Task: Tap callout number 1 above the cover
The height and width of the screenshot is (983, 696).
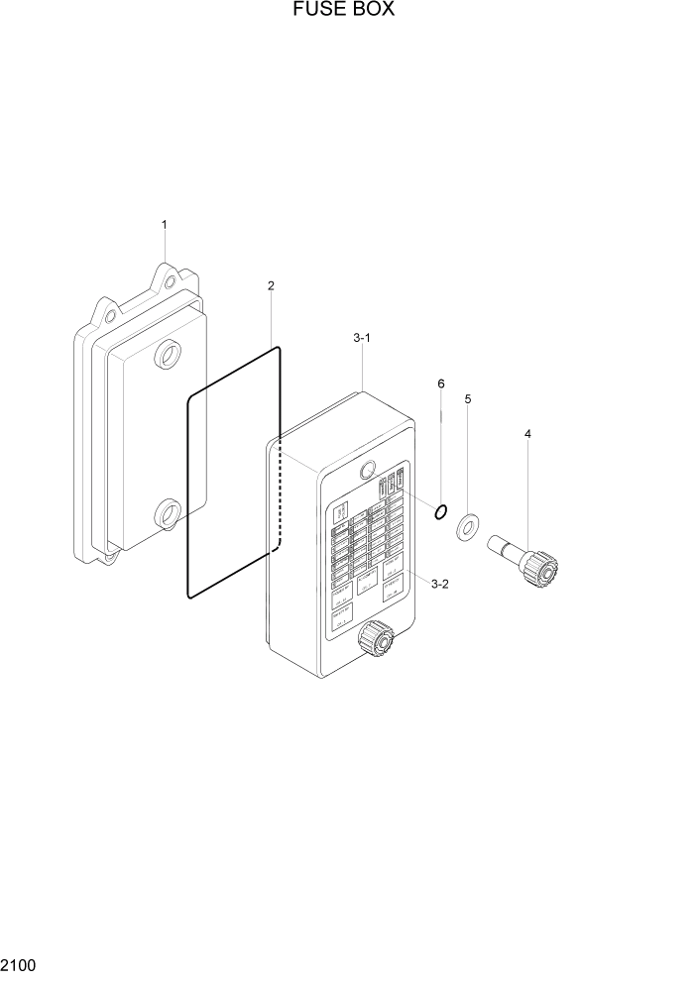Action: point(164,225)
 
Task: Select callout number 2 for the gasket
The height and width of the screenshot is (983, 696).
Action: point(271,285)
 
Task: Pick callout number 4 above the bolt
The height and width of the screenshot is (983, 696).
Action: point(528,433)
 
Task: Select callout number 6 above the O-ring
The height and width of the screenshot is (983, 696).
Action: point(441,382)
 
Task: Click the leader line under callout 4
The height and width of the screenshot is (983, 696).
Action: point(527,495)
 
